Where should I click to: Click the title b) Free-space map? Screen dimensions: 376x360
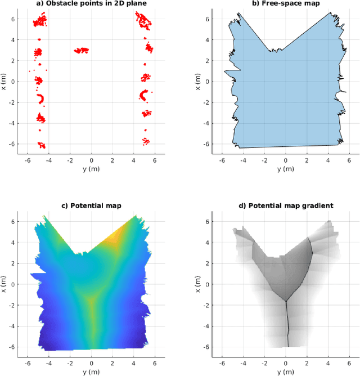point(285,3)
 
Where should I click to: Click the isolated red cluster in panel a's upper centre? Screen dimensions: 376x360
point(82,50)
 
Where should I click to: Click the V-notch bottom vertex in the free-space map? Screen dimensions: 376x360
point(269,51)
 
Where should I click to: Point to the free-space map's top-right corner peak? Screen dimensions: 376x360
point(330,12)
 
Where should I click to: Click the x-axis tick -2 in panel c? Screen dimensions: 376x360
point(71,362)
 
